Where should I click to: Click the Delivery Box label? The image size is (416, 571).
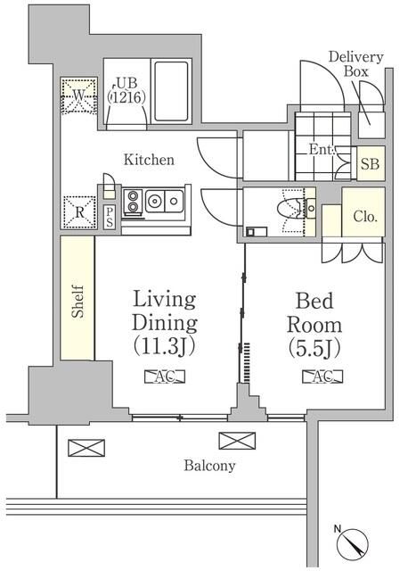coord(355,64)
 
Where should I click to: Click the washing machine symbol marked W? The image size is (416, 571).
coord(77,95)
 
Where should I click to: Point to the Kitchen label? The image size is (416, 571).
coord(148,160)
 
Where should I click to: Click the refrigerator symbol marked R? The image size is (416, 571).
coord(77,212)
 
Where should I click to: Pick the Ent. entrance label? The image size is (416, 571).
coord(322,151)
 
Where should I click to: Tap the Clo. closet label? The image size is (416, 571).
coord(364,215)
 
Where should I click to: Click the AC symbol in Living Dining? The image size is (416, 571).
coord(163,377)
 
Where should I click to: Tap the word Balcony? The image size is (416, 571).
coord(210,465)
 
